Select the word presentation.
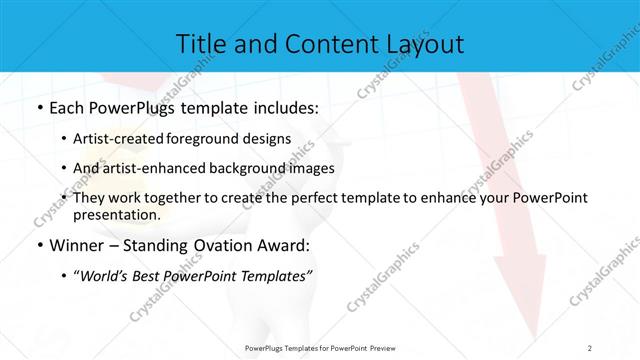point(117,215)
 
